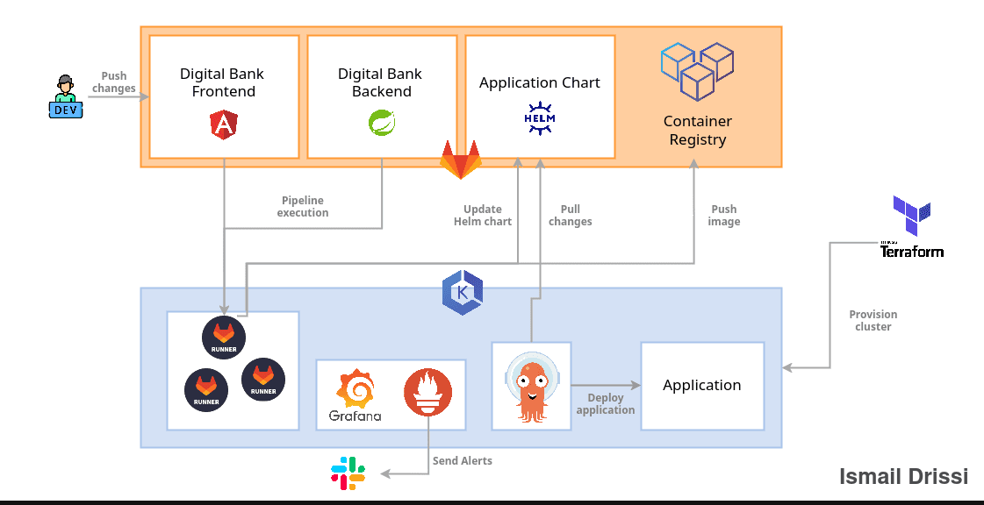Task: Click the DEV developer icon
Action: pyautogui.click(x=65, y=97)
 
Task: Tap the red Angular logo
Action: pyautogui.click(x=224, y=125)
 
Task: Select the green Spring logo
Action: pyautogui.click(x=382, y=124)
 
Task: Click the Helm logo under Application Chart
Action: pyautogui.click(x=540, y=118)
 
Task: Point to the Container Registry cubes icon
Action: pyautogui.click(x=697, y=70)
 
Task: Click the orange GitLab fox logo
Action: pyautogui.click(x=461, y=160)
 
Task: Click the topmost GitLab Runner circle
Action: pyautogui.click(x=224, y=336)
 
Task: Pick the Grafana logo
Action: pyautogui.click(x=356, y=389)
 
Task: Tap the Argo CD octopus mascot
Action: pyautogui.click(x=531, y=386)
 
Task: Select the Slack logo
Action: pyautogui.click(x=348, y=473)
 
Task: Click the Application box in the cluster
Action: pyautogui.click(x=702, y=386)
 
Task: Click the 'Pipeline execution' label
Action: pyautogui.click(x=303, y=207)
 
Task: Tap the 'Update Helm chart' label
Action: pyautogui.click(x=483, y=216)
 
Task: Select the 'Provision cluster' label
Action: pyautogui.click(x=873, y=321)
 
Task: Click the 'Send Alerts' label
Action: pyautogui.click(x=462, y=461)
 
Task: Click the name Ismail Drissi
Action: pyautogui.click(x=903, y=477)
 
